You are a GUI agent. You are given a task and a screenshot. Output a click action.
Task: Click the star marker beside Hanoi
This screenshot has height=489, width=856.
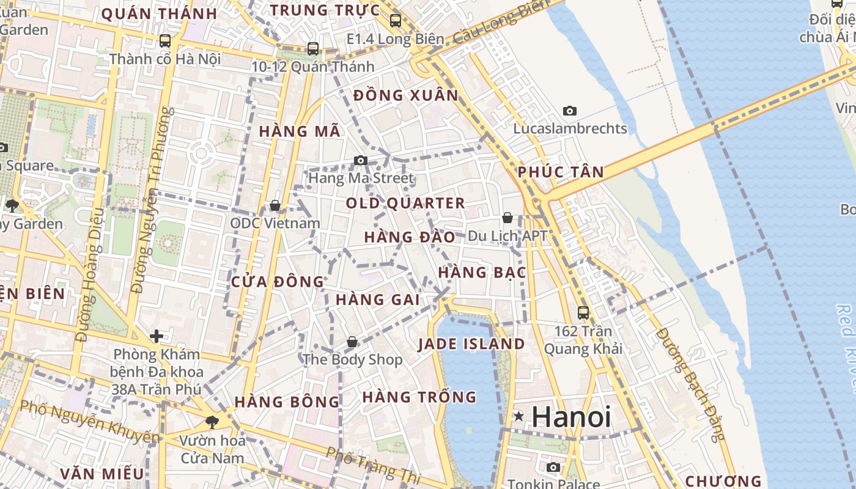519,417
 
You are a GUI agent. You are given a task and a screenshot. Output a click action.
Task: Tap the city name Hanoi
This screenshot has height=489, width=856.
571,417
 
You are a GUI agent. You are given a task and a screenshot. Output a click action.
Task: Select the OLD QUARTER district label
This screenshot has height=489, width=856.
405,203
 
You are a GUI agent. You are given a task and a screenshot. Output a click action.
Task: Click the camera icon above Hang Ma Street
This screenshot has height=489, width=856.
361,161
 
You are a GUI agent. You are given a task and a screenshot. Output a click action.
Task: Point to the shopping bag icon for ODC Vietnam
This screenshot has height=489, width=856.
275,205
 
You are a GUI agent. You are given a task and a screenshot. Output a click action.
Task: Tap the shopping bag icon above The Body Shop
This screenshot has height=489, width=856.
352,342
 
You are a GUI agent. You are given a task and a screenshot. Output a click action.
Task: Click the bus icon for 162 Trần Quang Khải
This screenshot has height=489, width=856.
583,313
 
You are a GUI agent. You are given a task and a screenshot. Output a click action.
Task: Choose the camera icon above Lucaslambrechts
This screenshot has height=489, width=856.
570,111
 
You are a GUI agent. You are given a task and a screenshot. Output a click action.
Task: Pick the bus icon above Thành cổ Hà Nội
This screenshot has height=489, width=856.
165,41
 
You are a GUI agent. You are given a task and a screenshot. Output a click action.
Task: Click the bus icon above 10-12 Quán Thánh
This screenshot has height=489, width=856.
313,48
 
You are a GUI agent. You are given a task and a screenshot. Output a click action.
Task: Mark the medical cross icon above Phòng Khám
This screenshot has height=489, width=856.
157,336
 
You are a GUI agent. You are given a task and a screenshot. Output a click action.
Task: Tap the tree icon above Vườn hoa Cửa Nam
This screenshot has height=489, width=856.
212,422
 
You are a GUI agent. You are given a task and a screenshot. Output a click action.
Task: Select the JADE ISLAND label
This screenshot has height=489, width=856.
471,344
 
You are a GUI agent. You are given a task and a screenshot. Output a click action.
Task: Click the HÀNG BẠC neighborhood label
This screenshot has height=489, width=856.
482,273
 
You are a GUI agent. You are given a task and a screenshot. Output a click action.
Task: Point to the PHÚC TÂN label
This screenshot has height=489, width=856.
561,172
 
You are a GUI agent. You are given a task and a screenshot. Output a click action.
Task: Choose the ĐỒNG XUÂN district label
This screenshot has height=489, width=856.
406,95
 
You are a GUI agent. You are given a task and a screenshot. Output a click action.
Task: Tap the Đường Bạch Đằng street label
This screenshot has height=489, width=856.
690,384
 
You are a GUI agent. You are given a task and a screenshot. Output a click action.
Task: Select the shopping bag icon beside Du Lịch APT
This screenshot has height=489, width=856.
507,218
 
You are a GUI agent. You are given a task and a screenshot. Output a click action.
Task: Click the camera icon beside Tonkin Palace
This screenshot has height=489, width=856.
553,468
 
